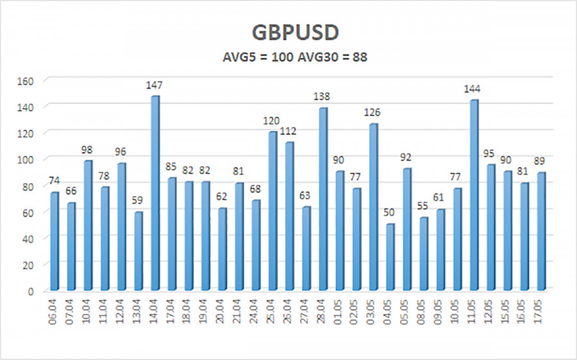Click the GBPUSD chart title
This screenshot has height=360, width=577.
tap(288, 32)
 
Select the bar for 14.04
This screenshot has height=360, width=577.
tap(155, 192)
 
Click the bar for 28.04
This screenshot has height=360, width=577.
tap(322, 199)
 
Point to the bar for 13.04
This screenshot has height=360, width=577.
tap(138, 251)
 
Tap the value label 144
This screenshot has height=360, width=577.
tap(473, 89)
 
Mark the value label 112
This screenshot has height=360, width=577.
tap(290, 132)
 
